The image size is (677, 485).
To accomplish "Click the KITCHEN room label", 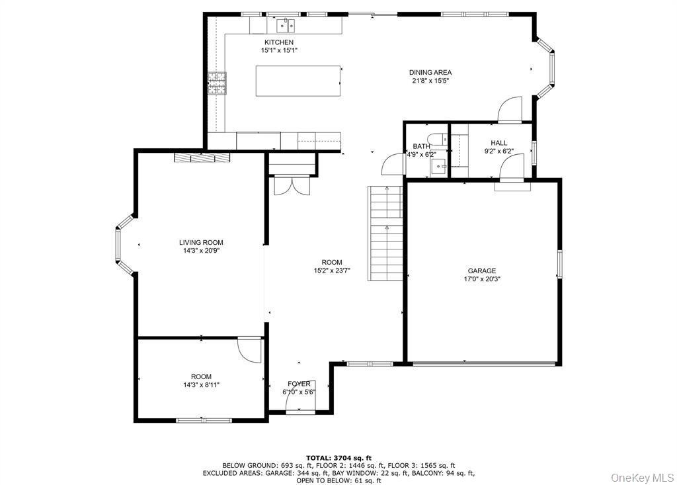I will click(278, 42).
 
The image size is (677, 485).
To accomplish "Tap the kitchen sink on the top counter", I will click(285, 26).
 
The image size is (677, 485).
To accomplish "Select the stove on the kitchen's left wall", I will click(216, 83).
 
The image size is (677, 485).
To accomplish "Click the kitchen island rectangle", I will click(299, 81).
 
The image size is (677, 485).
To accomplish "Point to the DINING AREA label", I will click(430, 73).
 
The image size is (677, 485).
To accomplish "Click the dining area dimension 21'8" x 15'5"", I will click(430, 81).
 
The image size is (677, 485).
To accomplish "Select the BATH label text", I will click(421, 146).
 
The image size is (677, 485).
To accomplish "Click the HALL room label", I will click(498, 143).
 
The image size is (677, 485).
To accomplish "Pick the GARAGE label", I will click(481, 271).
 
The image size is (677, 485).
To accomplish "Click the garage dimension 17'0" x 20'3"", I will click(481, 279).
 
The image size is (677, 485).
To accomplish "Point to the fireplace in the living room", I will click(202, 157).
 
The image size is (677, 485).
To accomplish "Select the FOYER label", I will click(299, 384).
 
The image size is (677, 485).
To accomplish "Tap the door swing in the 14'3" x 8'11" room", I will click(250, 350).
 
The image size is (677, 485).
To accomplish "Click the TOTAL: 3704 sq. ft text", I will click(338, 458).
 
